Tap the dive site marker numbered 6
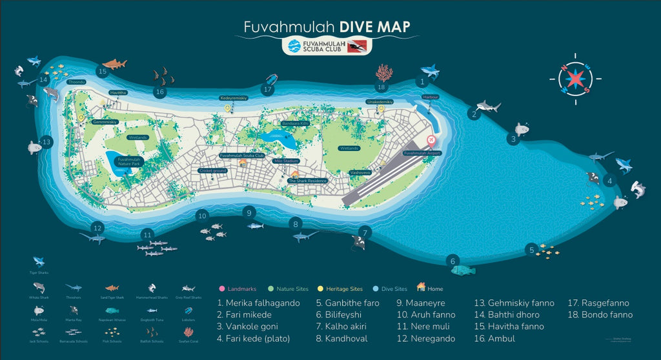pos(453,261)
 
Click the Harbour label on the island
pos(431,97)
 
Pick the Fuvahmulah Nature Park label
pos(128,162)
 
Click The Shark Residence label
pos(307,181)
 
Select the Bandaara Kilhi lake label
pos(296,123)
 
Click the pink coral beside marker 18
pos(383,73)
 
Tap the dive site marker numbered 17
pos(269,90)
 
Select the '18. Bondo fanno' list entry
pos(600,315)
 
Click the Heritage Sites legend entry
pos(344,288)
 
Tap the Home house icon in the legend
pos(422,287)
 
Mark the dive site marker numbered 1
pos(422,82)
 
